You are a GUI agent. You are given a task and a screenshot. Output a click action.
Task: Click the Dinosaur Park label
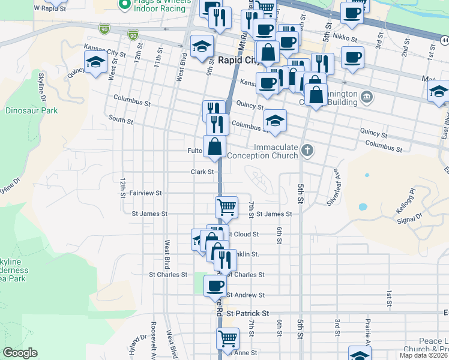(31, 110)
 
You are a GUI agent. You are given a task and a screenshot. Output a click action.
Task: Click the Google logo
(20, 353)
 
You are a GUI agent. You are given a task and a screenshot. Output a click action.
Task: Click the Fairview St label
(146, 193)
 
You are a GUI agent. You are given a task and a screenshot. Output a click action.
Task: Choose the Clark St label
(202, 172)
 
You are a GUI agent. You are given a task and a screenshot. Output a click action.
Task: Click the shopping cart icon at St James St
(226, 207)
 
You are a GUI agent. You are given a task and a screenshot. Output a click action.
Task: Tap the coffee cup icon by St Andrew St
(214, 285)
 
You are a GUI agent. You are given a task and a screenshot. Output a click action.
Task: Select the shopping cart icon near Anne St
(227, 339)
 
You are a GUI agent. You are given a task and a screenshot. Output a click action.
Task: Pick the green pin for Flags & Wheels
(125, 5)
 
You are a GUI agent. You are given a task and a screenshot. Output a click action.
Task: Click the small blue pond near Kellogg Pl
(363, 207)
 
